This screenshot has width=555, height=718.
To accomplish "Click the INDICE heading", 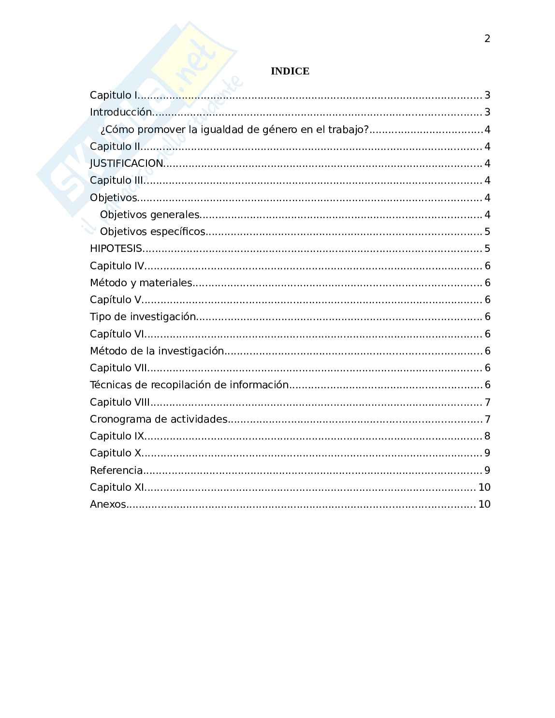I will pos(290,71).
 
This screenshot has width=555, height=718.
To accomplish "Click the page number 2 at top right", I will pos(487,39).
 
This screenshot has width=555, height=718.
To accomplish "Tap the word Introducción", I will pos(121,112).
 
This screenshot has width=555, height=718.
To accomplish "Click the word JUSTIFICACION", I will pos(127,163).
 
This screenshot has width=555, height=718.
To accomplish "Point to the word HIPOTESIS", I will pos(116,249).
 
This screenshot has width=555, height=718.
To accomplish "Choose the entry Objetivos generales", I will pos(149,214).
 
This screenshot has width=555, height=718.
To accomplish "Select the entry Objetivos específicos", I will pos(153,232).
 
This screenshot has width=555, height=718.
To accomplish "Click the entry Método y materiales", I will pos(141,283).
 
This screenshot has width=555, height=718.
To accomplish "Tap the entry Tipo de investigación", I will pos(143,317).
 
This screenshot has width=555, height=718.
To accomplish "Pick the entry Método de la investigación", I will pos(157,351).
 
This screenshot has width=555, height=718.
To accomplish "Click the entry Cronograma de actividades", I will pos(159,419).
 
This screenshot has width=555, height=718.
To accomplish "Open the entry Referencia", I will pos(116,470).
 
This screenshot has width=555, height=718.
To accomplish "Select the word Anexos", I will pos(108,504).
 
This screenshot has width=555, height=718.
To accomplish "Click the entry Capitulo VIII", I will pos(120,402).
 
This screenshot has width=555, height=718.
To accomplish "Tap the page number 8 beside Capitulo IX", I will pos(487,436).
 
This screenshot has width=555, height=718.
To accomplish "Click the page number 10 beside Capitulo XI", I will pos(484,487).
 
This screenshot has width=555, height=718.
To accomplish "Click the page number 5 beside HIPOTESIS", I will pos(487,249).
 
